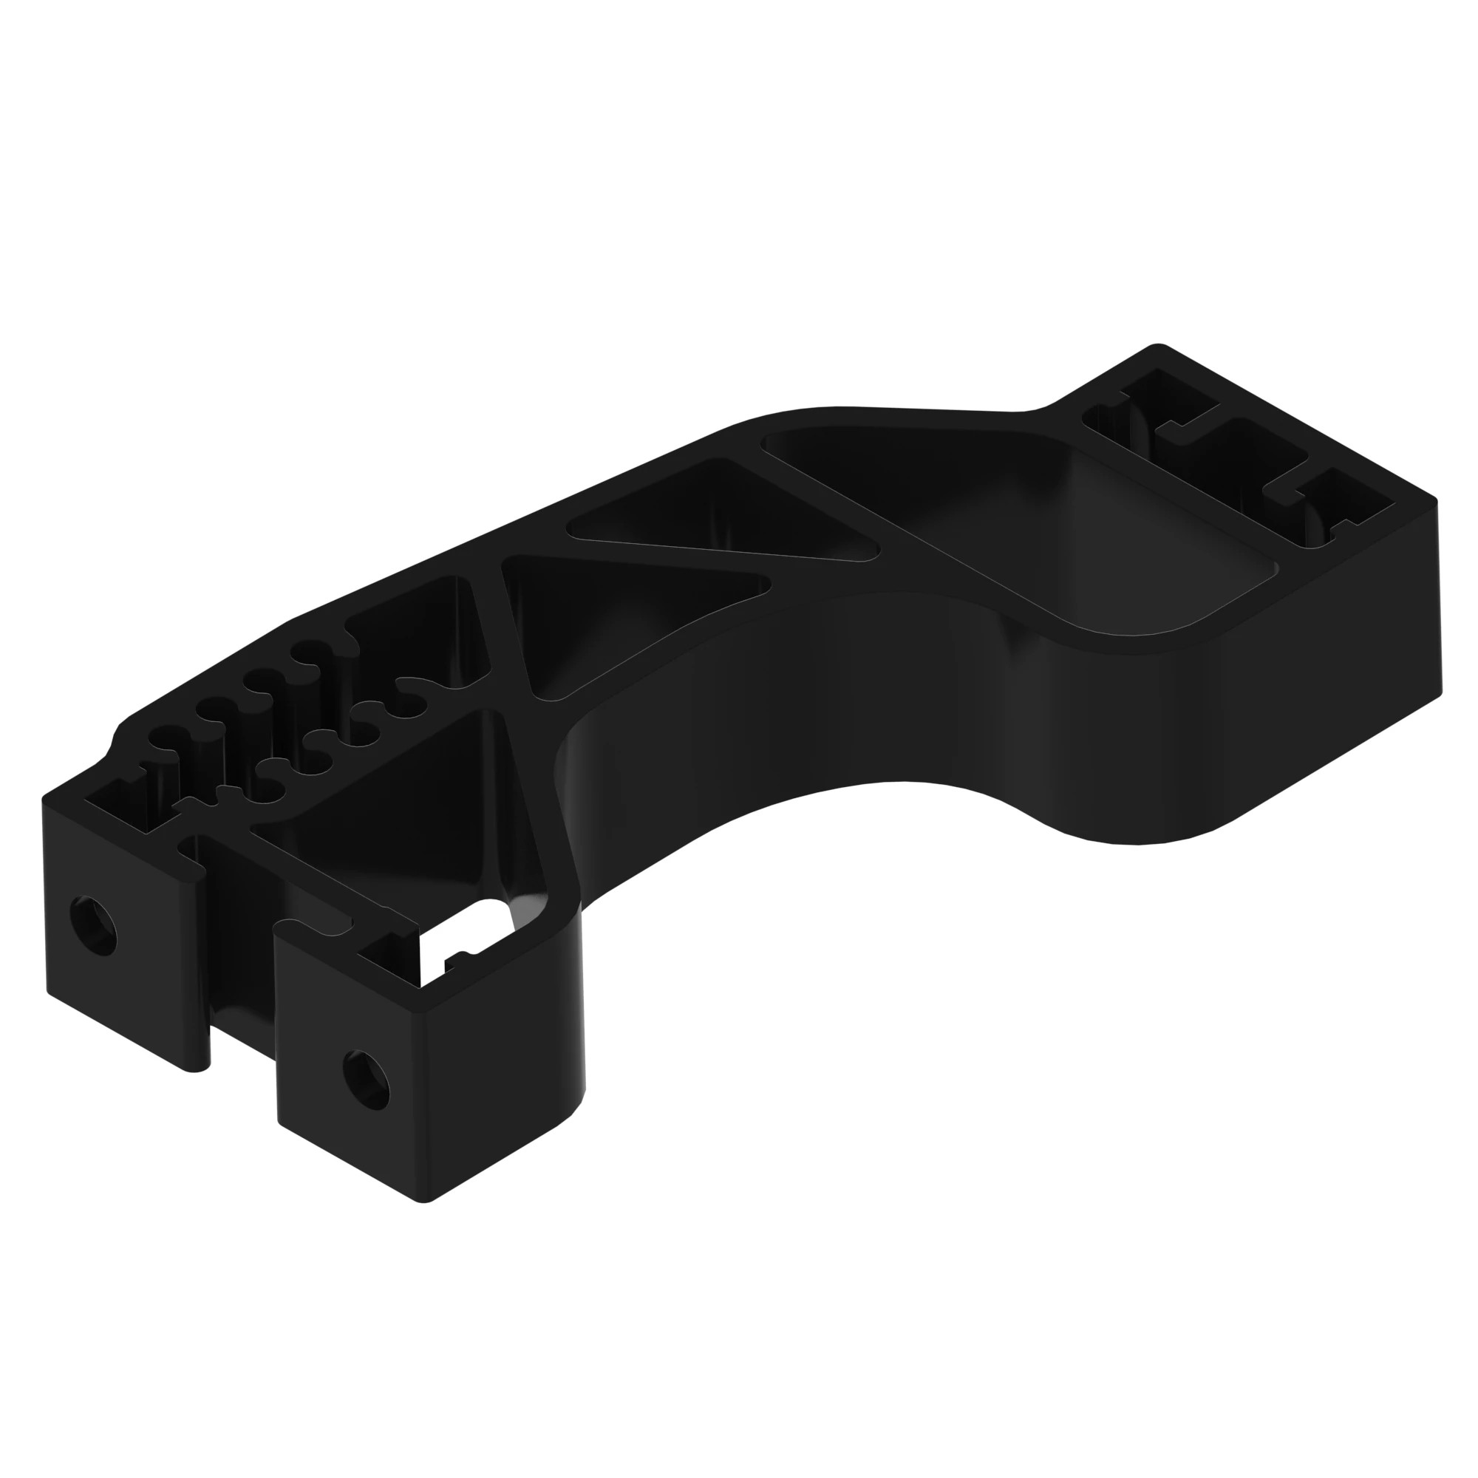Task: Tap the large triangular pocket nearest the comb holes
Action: click(x=429, y=796)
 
